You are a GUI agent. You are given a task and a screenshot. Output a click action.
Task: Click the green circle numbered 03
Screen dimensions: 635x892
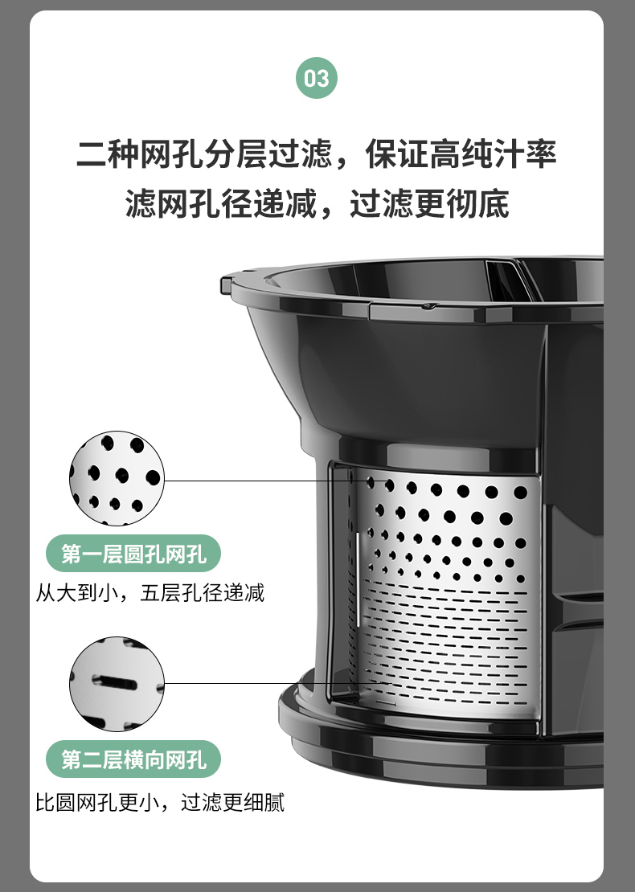(317, 78)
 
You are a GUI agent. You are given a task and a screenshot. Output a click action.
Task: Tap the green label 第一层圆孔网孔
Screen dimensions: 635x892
(133, 554)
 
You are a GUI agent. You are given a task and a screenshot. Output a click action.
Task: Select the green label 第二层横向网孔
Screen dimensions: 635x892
(133, 759)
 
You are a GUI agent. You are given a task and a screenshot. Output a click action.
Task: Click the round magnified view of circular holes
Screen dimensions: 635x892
(117, 478)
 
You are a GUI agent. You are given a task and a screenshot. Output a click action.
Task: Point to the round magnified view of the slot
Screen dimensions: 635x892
(117, 685)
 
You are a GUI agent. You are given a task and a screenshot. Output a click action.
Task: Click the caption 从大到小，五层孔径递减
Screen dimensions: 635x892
(150, 593)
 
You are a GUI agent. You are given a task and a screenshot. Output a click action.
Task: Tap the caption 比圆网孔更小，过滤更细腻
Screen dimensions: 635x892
(160, 802)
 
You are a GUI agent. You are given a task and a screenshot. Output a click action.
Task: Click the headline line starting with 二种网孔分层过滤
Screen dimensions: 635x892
(317, 153)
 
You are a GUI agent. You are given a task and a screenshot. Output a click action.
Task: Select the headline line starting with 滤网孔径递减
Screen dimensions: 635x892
(317, 203)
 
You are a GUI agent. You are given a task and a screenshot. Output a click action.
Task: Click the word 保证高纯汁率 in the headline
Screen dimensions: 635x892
(461, 153)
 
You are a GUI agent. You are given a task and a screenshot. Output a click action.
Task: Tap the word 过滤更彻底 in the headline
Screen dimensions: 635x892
(429, 203)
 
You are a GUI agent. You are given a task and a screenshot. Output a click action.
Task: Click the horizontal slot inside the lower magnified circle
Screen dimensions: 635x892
(114, 682)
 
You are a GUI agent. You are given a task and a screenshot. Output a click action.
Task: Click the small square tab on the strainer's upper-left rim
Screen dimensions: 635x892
(227, 284)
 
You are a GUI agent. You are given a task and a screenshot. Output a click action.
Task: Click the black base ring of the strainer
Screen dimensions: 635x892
(441, 739)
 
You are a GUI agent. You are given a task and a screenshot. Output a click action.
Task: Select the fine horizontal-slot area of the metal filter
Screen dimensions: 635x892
(444, 643)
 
